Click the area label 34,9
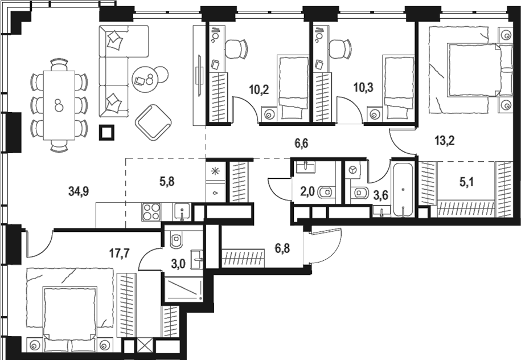[78, 192]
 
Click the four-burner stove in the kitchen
[151, 212]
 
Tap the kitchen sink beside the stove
[182, 212]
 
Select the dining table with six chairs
[58, 105]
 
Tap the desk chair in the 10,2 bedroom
[236, 48]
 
